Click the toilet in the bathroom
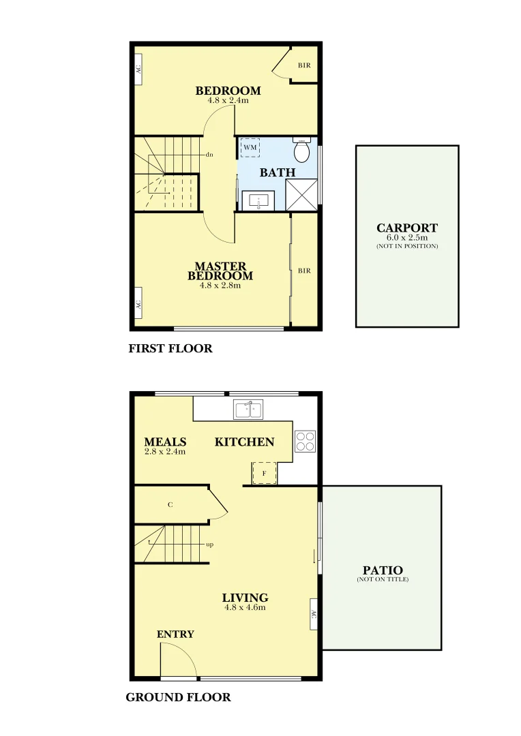coord(301,149)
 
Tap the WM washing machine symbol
coord(250,147)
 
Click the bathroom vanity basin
coord(258,201)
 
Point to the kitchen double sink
coord(249,410)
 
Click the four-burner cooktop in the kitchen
coord(305,442)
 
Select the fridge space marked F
coord(264,473)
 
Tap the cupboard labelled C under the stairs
coord(170,506)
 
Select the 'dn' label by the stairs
coord(209,155)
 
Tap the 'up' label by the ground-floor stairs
coord(210,545)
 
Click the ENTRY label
coord(175,634)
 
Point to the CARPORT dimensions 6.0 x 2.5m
coord(407,238)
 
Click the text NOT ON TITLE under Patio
coord(383,580)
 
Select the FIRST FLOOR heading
coord(170,349)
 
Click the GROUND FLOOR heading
coord(178,698)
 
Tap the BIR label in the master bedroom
coord(304,271)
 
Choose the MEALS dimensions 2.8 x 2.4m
coord(165,451)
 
